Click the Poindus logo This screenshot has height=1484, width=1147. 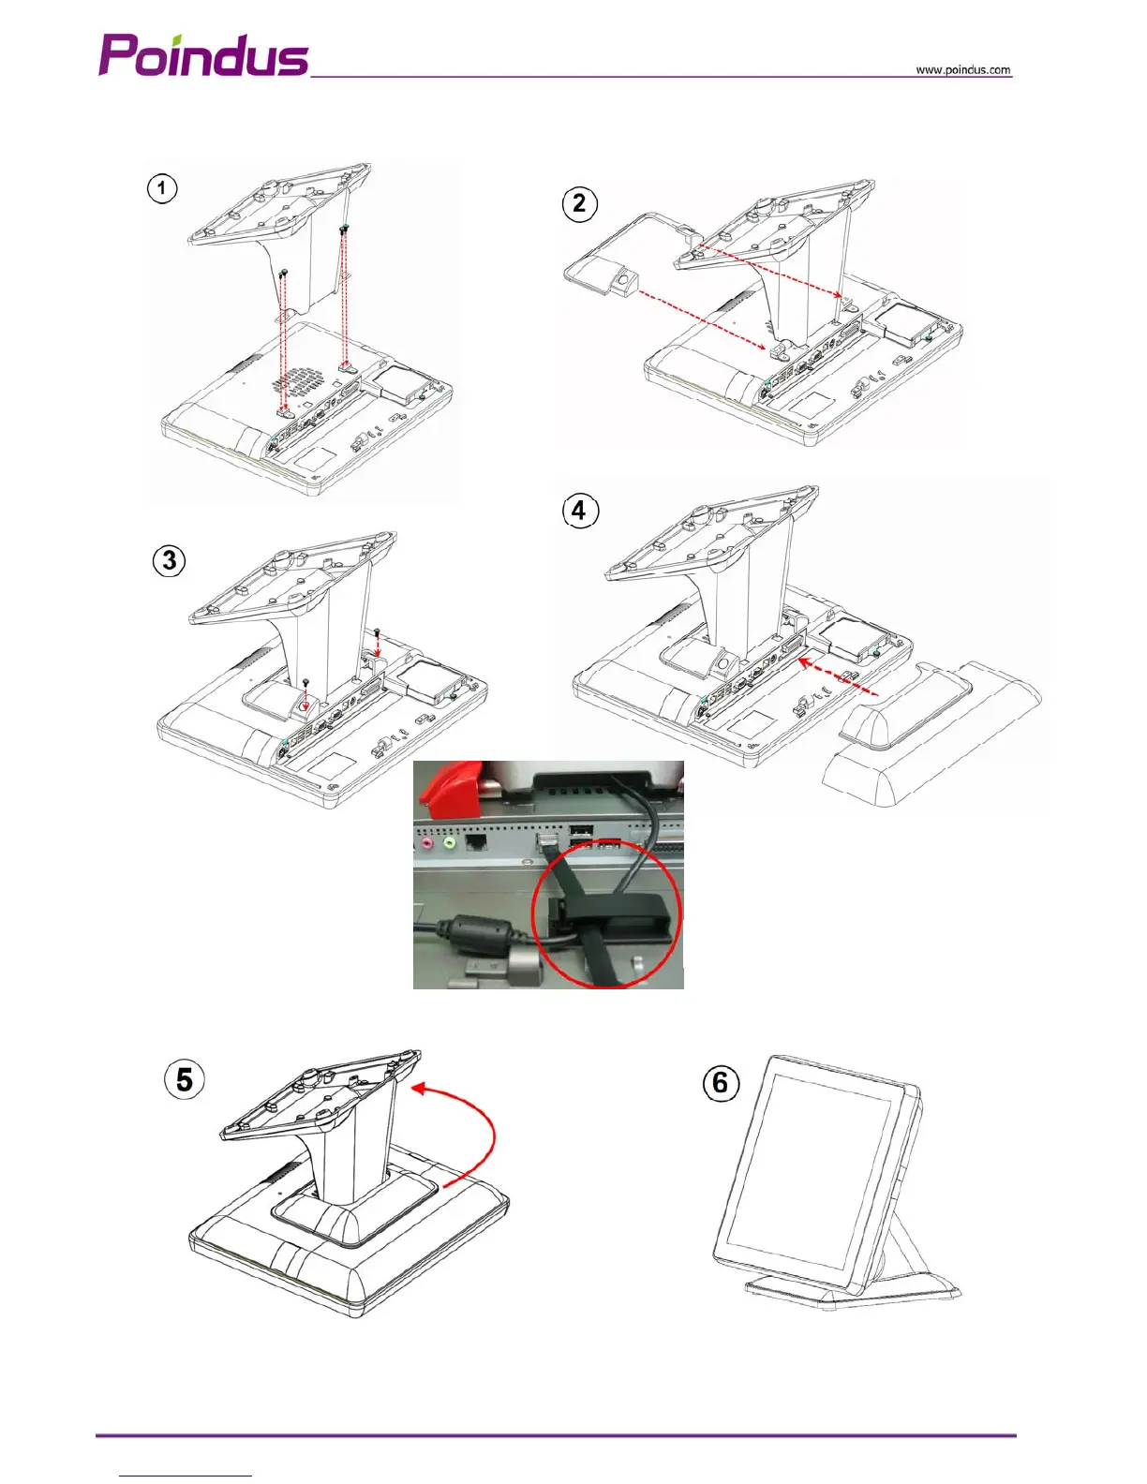tap(203, 55)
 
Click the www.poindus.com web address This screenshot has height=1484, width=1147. tap(962, 70)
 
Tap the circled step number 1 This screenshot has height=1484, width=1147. tap(162, 188)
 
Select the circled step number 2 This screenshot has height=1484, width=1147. tap(579, 203)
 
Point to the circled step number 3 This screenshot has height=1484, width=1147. tap(170, 560)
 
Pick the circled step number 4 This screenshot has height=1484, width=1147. tap(579, 511)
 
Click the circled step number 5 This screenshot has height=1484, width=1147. tap(185, 1079)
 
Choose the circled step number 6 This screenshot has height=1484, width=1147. tap(720, 1083)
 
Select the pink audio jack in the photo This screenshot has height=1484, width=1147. tap(426, 842)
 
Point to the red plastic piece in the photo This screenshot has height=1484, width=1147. tap(448, 782)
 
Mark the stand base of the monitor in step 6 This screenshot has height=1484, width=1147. tap(843, 1291)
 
